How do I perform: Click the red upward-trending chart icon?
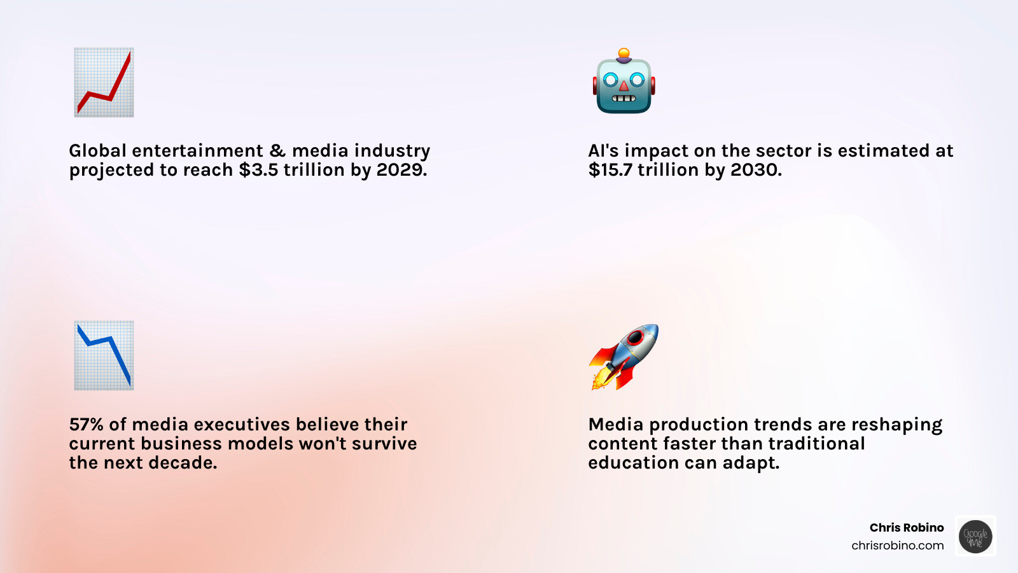pos(104,82)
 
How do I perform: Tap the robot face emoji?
pos(624,81)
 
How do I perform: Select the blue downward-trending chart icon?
pos(104,355)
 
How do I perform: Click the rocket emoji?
pos(624,357)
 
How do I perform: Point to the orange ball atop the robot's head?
pos(624,53)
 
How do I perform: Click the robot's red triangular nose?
pos(624,85)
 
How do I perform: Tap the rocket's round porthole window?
pos(634,337)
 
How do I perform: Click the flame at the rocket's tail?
pos(601,378)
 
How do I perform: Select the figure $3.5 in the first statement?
pos(258,170)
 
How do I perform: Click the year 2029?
pos(401,170)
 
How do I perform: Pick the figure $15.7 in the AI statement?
pos(610,170)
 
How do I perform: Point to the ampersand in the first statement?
pos(277,150)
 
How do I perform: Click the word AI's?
pos(604,150)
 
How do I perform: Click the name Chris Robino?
pos(907,528)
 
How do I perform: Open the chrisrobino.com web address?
pos(898,545)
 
